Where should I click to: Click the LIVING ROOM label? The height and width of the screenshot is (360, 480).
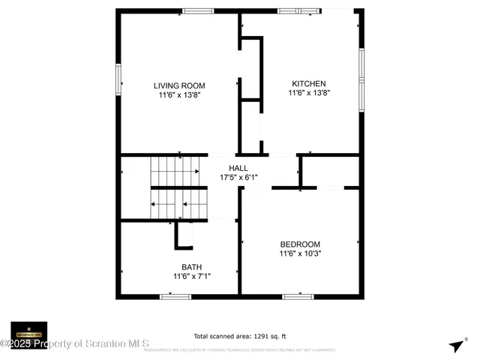coord(179,85)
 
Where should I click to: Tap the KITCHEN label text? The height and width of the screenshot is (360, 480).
coord(309,83)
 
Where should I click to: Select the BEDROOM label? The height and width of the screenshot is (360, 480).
coord(300,244)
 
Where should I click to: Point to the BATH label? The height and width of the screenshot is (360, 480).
coord(191,267)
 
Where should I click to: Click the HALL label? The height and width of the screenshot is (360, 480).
coord(238,169)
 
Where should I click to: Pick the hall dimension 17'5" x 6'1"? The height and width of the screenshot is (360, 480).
coord(238,178)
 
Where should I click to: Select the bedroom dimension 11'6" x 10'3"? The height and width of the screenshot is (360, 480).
coord(300,254)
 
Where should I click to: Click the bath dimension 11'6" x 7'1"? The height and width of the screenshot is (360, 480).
coord(191,277)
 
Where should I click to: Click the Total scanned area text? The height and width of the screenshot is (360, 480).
coord(240,337)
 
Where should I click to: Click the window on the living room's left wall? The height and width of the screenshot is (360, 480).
coord(118,79)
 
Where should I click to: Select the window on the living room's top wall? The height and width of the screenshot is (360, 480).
coord(197,11)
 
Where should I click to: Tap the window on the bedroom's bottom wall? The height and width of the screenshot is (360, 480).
coord(297,296)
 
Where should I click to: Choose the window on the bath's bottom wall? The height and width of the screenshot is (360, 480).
coord(175,296)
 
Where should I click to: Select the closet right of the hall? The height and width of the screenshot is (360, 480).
coord(330,171)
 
